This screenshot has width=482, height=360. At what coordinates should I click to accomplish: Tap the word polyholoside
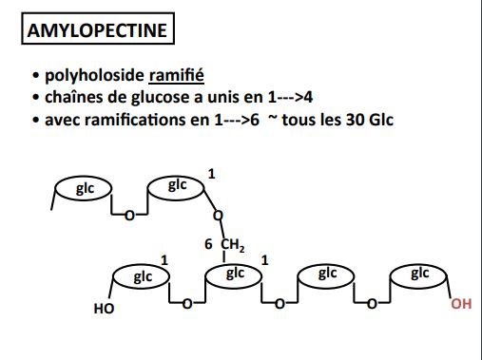(87, 76)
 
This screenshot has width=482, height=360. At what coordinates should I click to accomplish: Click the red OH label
(460, 306)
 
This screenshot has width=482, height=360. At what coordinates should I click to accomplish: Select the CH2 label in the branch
(233, 245)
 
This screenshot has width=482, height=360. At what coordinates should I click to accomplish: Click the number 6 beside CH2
(208, 245)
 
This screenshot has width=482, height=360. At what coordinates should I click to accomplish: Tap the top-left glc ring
(86, 188)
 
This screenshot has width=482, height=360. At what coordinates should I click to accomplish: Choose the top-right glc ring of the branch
(178, 185)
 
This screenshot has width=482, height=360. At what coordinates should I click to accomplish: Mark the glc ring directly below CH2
(235, 275)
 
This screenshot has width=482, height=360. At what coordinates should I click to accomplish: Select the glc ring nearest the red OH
(420, 275)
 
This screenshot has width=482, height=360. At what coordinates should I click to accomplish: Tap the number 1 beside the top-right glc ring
(211, 175)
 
